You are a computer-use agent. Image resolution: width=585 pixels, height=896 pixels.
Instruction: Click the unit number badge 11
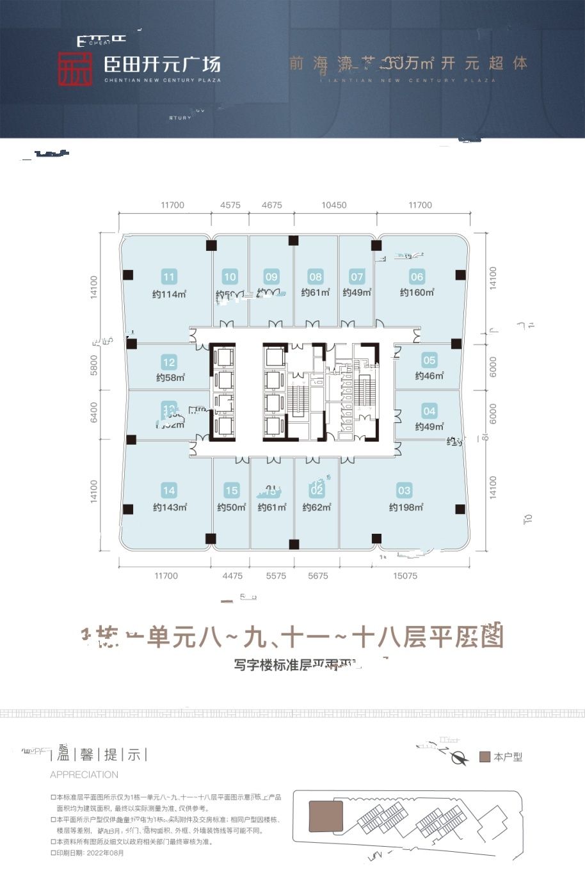[x=169, y=277]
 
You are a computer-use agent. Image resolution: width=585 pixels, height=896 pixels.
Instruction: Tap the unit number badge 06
[x=417, y=276]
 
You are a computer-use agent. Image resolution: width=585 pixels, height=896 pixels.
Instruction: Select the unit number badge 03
[x=404, y=491]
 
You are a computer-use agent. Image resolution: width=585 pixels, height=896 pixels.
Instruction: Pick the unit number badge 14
[x=169, y=491]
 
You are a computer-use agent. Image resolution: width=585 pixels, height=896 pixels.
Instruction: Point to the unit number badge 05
[x=429, y=360]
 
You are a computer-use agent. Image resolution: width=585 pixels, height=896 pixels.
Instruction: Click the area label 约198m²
[x=406, y=508]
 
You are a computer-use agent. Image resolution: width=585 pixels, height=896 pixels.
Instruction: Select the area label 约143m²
[x=170, y=508]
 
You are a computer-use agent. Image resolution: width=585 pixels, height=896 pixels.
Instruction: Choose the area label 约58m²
[x=170, y=378]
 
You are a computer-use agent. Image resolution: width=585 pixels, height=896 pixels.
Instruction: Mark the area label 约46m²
[x=429, y=376]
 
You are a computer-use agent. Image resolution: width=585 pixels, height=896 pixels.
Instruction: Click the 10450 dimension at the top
[x=334, y=205]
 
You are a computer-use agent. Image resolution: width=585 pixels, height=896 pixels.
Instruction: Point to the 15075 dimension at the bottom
[x=405, y=576]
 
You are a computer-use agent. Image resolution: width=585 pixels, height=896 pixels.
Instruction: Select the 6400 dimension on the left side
[x=94, y=412]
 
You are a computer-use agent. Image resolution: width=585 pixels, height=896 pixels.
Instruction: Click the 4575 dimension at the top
[x=230, y=205]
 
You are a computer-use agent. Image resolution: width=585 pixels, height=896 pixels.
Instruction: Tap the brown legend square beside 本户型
[x=485, y=757]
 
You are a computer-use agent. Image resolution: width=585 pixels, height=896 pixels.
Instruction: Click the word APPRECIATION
[x=84, y=774]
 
